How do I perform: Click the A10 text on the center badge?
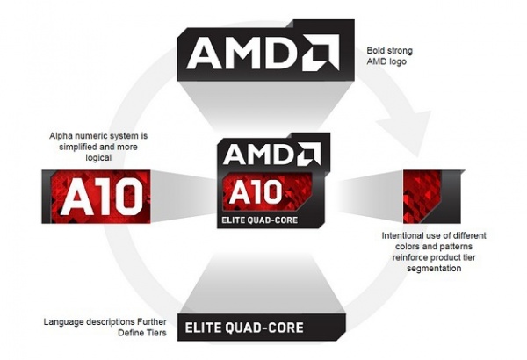point(255,191)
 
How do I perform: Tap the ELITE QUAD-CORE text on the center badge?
point(259,220)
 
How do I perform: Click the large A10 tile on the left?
point(96,197)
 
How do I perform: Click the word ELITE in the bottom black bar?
point(203,328)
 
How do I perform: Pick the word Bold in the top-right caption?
point(375,50)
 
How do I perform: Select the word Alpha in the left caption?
point(61,136)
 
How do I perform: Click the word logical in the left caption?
point(98,158)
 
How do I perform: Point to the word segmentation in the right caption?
point(434,269)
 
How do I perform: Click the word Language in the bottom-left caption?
point(64,322)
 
